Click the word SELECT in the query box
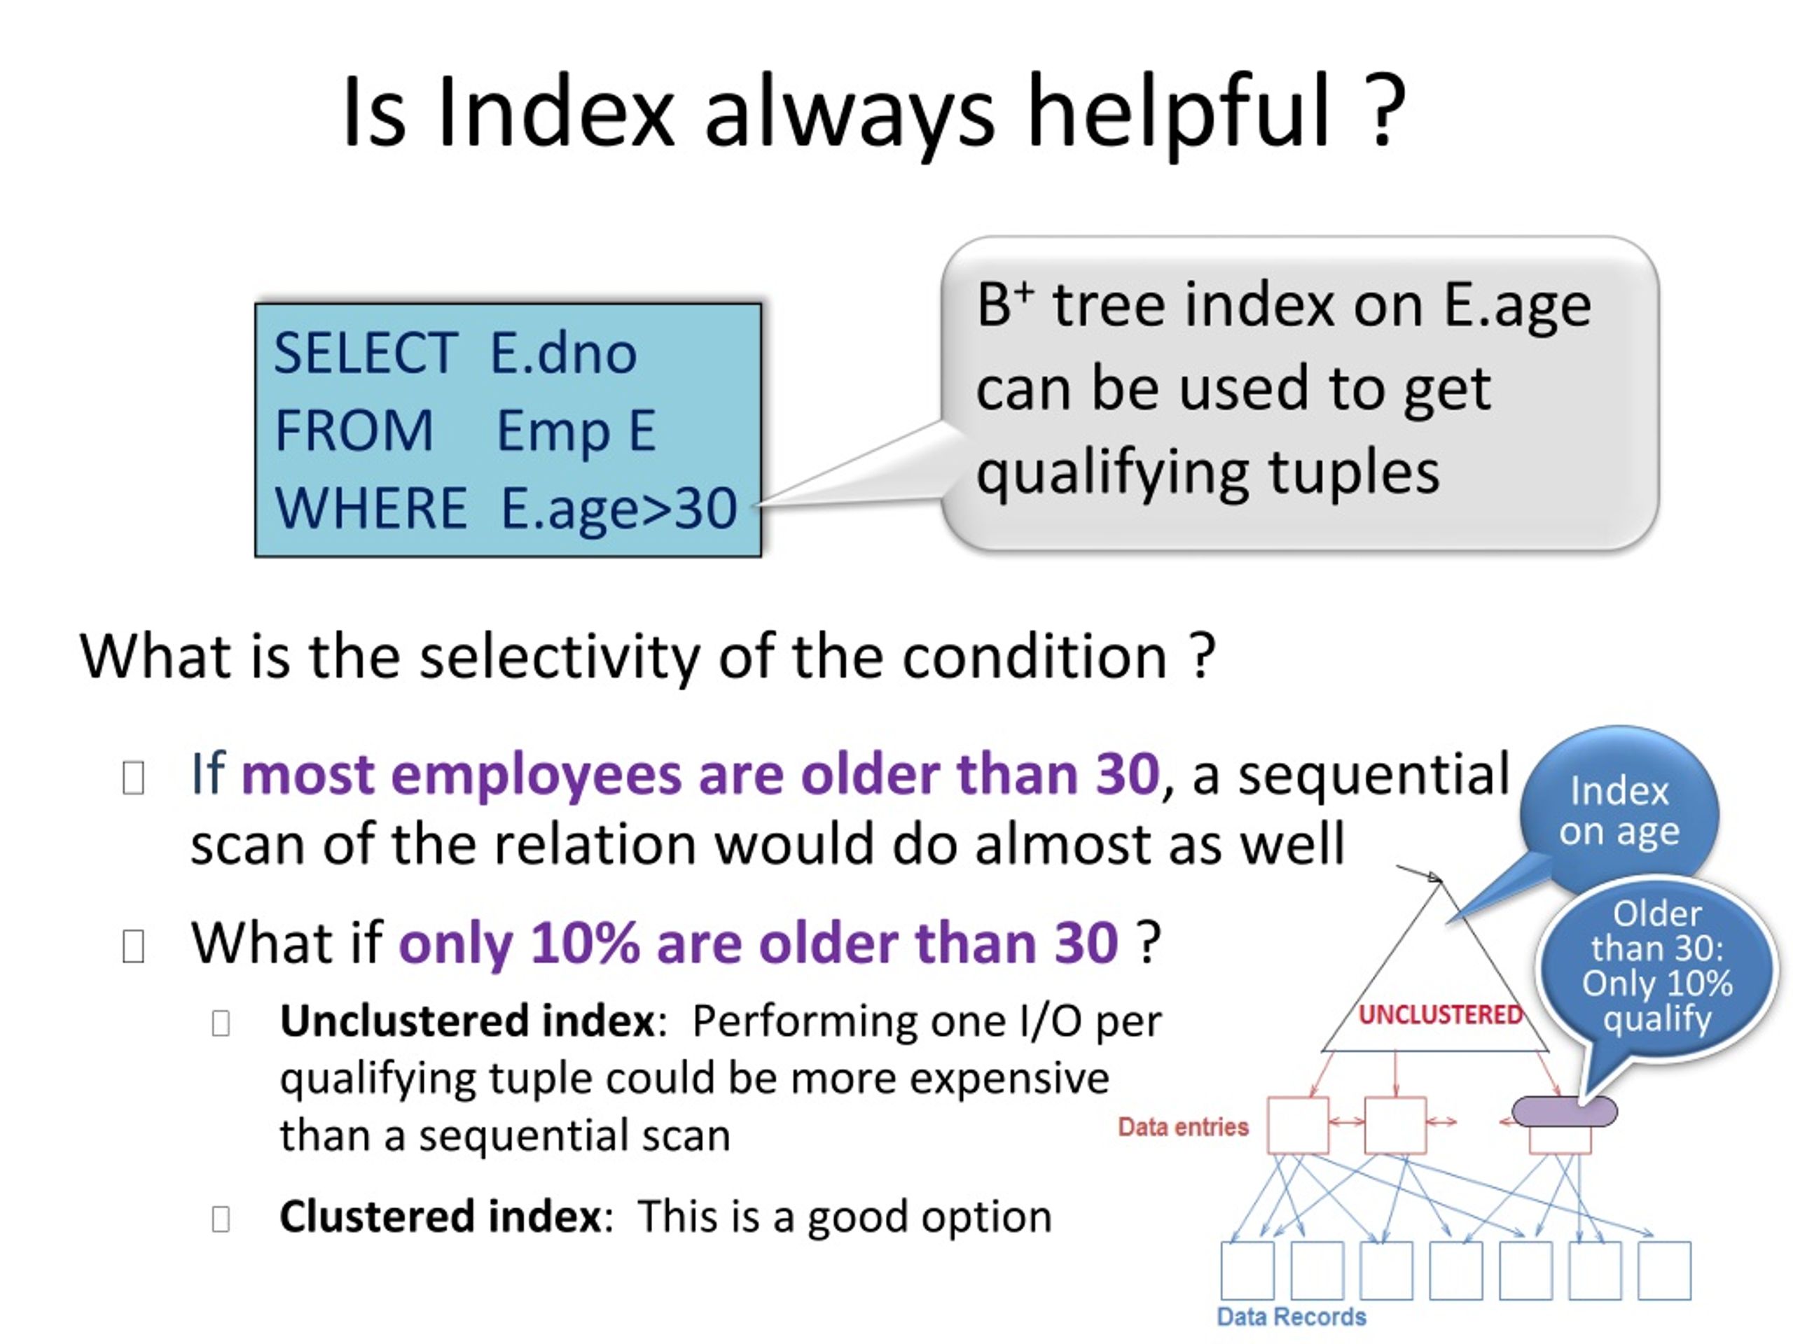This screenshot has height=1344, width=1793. pos(366,353)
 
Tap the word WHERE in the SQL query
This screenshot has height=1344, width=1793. pos(371,508)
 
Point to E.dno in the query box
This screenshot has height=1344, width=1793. pos(563,353)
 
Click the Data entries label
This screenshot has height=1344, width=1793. pos(1183,1127)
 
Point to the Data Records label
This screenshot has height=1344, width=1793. pos(1292,1317)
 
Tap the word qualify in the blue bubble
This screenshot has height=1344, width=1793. pos(1658,1019)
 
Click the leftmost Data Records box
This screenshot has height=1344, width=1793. pos(1247,1270)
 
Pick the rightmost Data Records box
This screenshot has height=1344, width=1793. pos(1664,1270)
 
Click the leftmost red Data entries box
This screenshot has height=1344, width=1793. pos(1298,1126)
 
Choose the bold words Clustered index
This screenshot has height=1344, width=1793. pos(440,1216)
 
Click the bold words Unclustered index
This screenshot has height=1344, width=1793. pos(467,1021)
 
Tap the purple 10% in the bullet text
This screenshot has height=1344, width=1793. pos(584,944)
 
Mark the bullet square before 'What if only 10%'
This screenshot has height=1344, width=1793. pos(133,946)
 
